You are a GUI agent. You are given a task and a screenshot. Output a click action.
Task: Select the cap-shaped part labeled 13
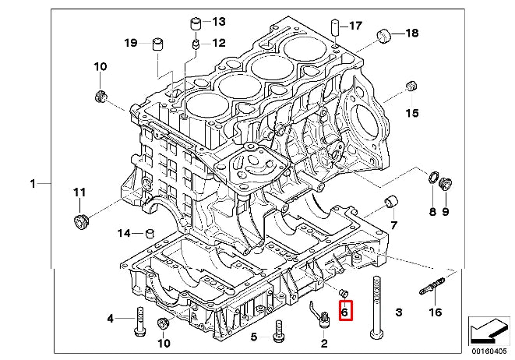click(x=196, y=21)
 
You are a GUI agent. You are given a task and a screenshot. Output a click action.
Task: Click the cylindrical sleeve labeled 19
click(x=159, y=41)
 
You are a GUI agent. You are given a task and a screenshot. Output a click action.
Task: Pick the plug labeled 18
click(x=384, y=34)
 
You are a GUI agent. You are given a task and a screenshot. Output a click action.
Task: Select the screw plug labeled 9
click(x=446, y=185)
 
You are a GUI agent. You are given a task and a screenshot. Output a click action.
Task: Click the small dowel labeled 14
click(x=150, y=231)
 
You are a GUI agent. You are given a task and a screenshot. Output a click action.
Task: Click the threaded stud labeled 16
click(x=432, y=285)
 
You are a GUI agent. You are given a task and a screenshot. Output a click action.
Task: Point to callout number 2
click(x=324, y=342)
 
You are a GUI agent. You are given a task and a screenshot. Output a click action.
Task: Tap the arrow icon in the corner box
click(x=489, y=330)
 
